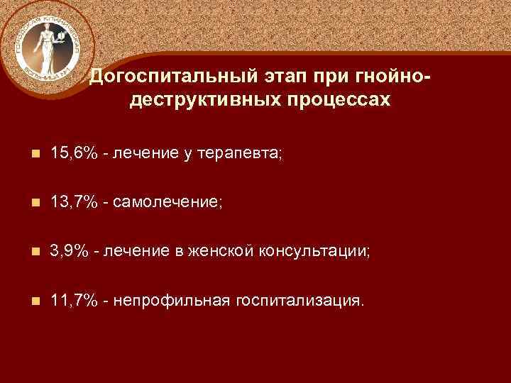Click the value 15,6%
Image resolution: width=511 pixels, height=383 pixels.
75,154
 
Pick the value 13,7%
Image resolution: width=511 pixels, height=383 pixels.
75,203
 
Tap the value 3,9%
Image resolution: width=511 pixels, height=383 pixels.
70,252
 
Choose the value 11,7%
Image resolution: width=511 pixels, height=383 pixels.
75,301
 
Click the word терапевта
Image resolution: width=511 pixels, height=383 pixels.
238,154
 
